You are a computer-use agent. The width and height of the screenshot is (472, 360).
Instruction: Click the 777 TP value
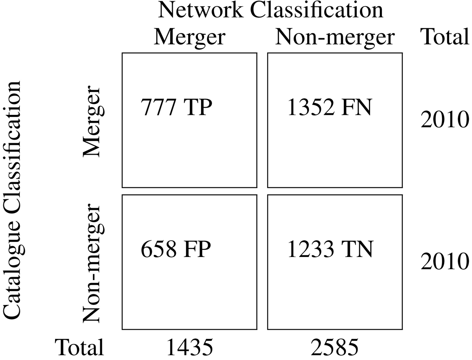[176, 107]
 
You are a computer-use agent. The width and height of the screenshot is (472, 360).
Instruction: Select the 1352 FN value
[330, 107]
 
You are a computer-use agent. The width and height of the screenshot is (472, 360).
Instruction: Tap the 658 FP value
[176, 249]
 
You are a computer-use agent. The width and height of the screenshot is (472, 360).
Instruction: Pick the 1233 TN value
[330, 249]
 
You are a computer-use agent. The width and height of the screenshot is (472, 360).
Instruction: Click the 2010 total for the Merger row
[445, 119]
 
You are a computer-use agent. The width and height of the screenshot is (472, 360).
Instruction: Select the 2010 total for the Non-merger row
[445, 261]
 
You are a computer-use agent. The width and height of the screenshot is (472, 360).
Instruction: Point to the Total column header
[445, 36]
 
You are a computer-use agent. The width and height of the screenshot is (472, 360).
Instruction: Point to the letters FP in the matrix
[197, 249]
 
